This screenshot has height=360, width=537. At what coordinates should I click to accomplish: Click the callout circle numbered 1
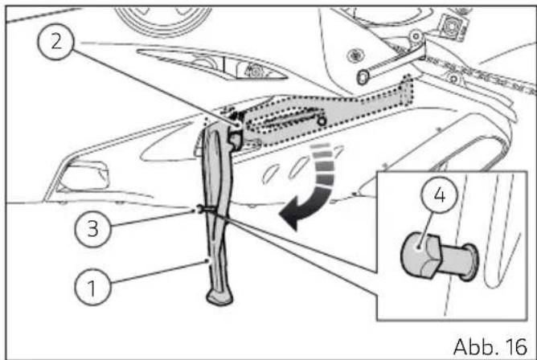pos(92,287)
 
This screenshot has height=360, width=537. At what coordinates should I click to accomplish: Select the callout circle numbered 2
pos(55,42)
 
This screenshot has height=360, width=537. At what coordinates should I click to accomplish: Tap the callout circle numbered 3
pos(92,228)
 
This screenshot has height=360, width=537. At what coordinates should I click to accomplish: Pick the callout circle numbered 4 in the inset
pos(440,195)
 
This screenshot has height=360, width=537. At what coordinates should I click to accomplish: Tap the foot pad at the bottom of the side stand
pos(219,297)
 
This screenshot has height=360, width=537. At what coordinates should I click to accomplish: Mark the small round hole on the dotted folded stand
pos(322,121)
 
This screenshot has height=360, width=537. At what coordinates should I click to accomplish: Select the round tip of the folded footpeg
pos(363,76)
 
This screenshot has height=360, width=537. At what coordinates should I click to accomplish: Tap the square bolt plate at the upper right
pos(451,26)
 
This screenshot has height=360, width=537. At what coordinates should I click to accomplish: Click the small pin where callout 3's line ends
pos(201,209)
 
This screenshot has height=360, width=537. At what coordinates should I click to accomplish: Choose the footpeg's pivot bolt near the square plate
pos(416,35)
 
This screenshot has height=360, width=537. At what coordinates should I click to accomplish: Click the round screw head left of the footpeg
pos(354,55)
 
